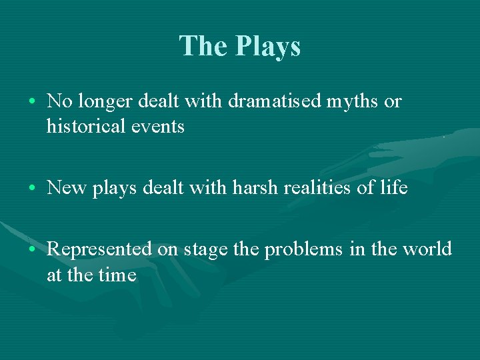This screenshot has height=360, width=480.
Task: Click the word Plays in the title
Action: point(268,47)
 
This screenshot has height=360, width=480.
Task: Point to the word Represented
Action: point(100,249)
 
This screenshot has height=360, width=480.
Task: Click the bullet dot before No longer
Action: point(33,102)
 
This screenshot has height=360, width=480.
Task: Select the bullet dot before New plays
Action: point(33,189)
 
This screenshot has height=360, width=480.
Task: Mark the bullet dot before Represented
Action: point(33,250)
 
